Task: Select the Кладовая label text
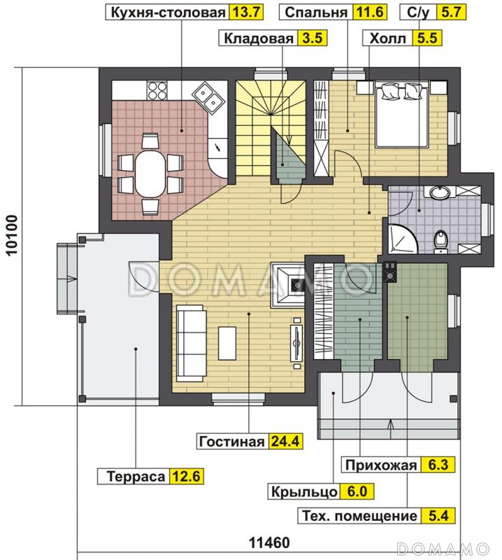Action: [257, 39]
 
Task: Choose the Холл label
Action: [387, 39]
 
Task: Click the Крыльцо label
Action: [305, 491]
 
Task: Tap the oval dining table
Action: [150, 174]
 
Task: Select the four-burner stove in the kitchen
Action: [157, 92]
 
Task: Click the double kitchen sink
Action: [208, 95]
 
